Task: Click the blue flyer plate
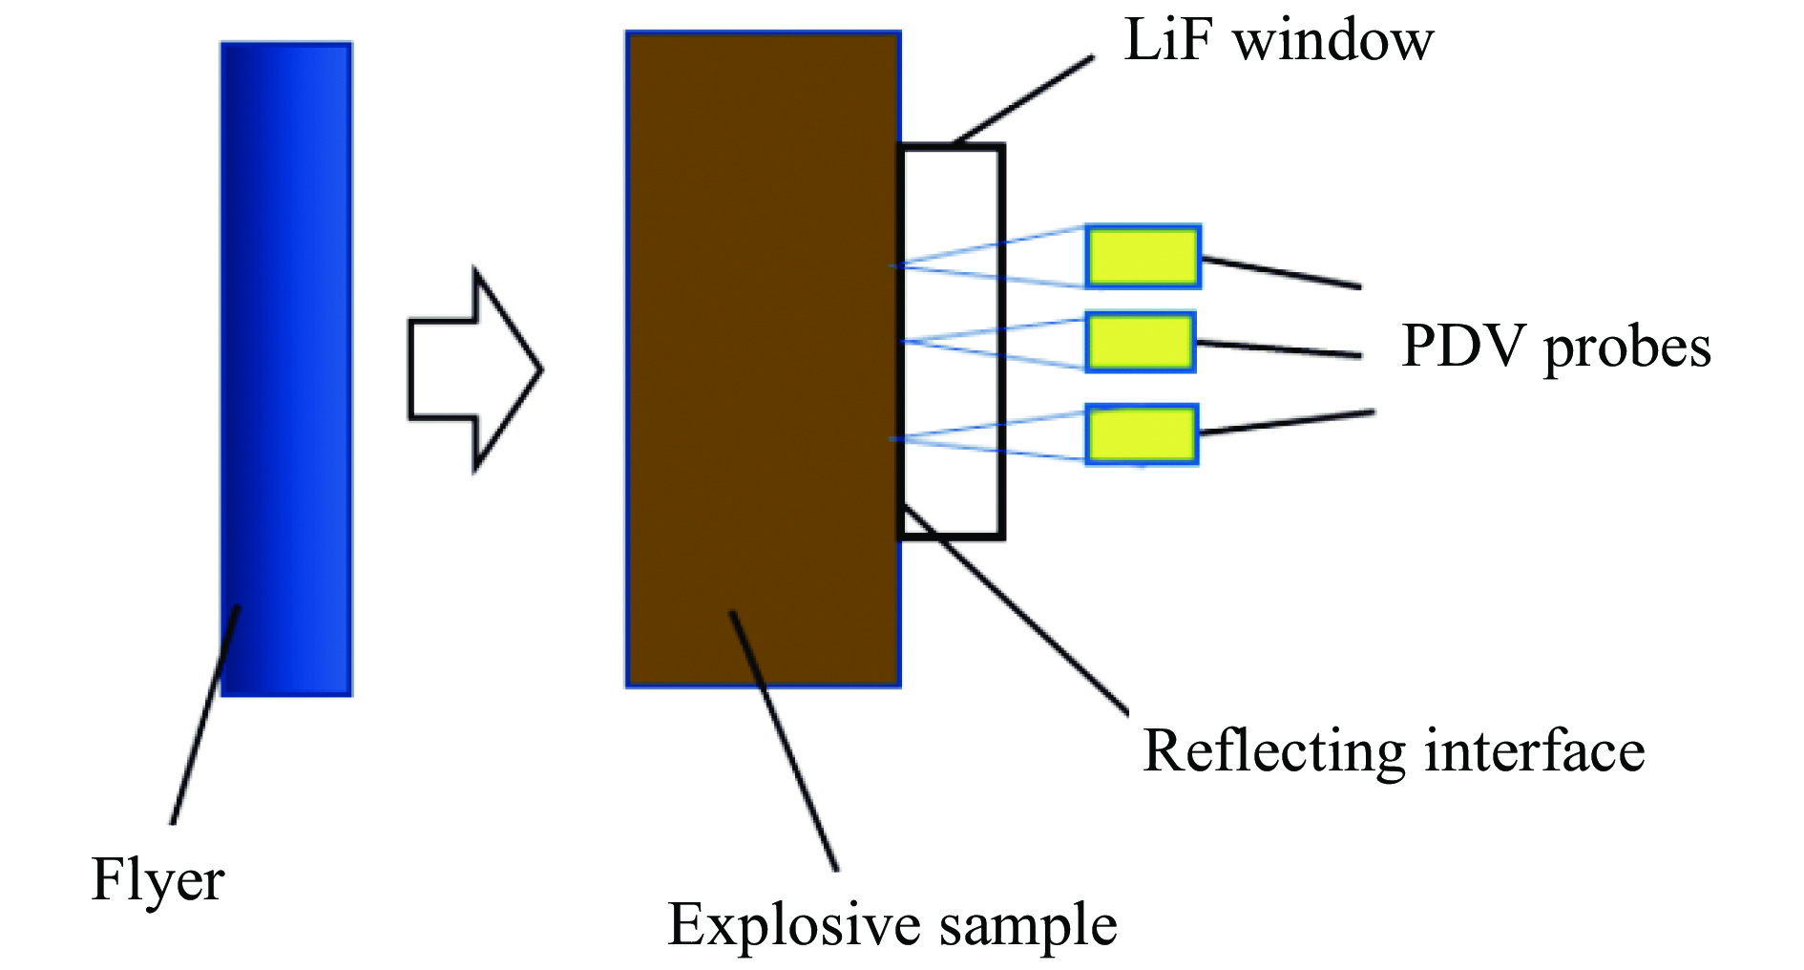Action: click(286, 369)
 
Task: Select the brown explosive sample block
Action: click(763, 359)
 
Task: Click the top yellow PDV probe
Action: click(1143, 257)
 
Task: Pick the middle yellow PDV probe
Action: click(1141, 342)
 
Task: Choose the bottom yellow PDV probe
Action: click(1142, 434)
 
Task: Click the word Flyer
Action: click(157, 879)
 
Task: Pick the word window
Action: click(1334, 40)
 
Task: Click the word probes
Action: click(1627, 348)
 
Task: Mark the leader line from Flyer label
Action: click(205, 714)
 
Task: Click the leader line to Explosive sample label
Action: click(784, 741)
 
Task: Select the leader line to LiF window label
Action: click(1023, 100)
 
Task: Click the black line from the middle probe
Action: click(1279, 348)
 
